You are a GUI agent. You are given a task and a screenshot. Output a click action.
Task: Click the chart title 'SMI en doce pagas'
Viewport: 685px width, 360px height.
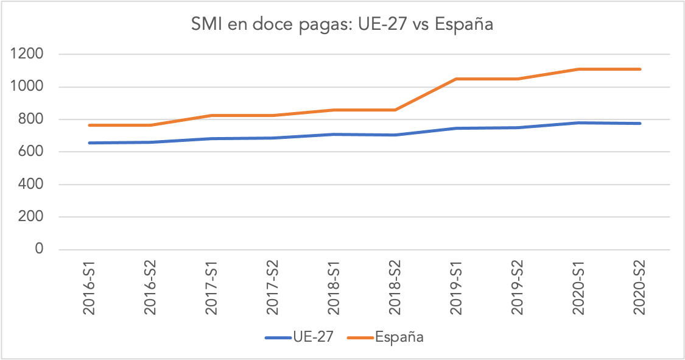342,25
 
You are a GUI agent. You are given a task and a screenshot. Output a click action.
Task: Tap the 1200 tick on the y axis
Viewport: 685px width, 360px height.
27,54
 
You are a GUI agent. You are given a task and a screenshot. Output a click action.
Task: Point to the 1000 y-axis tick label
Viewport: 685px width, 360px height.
27,87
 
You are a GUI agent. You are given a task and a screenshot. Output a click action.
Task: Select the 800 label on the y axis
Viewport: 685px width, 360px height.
31,119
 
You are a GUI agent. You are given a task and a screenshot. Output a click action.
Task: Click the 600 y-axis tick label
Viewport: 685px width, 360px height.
31,152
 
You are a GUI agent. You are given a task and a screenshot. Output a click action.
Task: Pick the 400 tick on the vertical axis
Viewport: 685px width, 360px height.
31,185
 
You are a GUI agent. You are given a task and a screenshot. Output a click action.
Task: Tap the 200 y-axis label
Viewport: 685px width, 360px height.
31,217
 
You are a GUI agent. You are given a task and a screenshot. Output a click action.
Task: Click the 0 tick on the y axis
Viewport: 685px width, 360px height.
40,249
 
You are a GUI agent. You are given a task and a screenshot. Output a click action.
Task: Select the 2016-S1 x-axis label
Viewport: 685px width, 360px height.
90,289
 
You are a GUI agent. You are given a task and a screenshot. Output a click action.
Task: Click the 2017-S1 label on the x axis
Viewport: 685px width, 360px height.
212,289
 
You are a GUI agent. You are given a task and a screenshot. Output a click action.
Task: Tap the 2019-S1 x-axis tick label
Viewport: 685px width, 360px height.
457,289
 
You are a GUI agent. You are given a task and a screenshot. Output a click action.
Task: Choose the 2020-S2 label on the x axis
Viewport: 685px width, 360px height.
640,289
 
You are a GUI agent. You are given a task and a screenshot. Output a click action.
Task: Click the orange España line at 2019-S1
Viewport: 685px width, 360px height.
457,79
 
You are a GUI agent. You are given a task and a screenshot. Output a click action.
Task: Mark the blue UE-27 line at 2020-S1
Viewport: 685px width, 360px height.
579,123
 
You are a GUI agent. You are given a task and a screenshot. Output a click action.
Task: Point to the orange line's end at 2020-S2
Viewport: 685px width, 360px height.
640,69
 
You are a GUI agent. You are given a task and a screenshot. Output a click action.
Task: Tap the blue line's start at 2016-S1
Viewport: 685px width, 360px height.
90,143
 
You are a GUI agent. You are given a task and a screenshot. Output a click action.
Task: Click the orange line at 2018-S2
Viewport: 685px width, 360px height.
395,110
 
